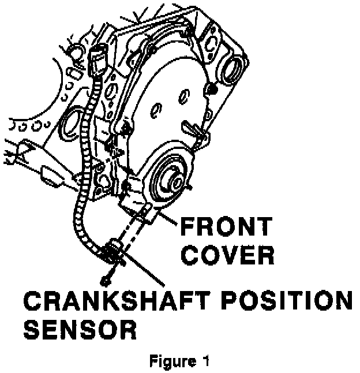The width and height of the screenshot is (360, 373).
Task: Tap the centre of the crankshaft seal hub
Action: tap(171, 178)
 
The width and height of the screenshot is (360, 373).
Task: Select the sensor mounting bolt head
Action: tap(104, 281)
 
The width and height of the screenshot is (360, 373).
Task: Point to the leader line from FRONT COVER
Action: tap(167, 218)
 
